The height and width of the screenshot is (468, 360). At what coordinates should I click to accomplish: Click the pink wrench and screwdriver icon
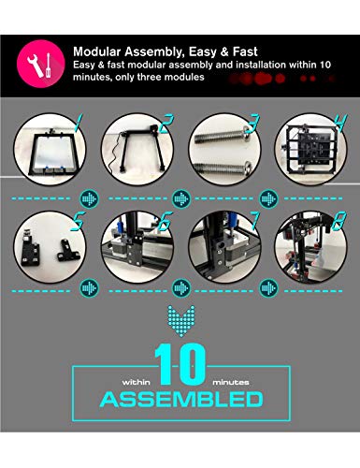[x=41, y=64]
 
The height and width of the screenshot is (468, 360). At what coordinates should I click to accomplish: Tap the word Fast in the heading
[x=245, y=51]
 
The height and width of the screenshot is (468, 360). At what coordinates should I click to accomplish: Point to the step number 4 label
[x=340, y=123]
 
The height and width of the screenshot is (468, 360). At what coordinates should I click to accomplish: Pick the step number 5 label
[x=78, y=221]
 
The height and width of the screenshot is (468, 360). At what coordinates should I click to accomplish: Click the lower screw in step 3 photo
[x=223, y=168]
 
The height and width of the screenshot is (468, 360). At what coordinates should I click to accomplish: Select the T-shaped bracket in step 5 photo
[x=68, y=250]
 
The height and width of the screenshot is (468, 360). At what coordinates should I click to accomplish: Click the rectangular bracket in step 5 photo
[x=30, y=251]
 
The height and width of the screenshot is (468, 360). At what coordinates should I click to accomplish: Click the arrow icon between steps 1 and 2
[x=90, y=198]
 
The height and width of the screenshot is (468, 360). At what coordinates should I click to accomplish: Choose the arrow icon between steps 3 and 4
[x=269, y=198]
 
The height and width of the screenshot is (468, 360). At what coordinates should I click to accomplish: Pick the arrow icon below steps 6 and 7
[x=181, y=288]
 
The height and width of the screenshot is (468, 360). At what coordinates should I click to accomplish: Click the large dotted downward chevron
[x=181, y=321]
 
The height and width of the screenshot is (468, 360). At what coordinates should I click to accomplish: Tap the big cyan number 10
[x=180, y=364]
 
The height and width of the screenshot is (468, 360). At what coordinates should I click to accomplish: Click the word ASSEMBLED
[x=181, y=400]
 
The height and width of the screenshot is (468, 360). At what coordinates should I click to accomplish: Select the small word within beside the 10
[x=137, y=382]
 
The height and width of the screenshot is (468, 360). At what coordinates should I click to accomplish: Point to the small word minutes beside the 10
[x=231, y=382]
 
